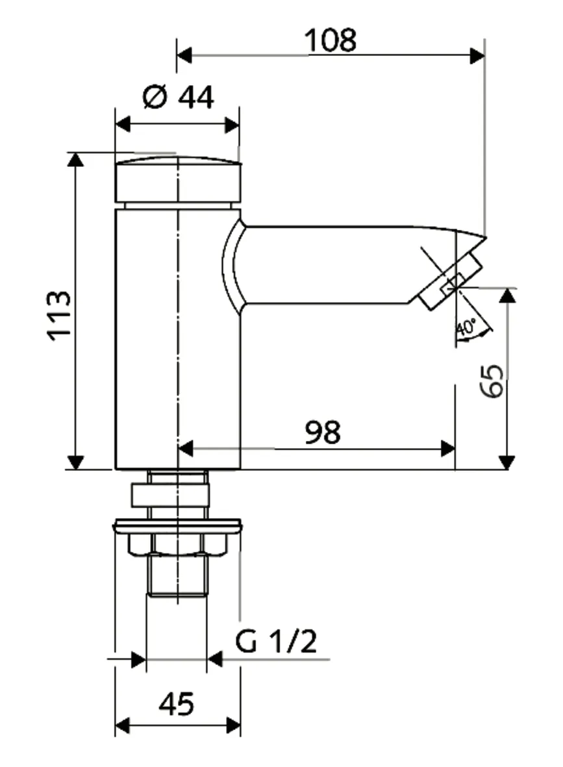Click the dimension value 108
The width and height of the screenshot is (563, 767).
tap(331, 41)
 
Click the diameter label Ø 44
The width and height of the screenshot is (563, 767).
tap(177, 98)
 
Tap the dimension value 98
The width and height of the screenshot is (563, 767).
tap(322, 433)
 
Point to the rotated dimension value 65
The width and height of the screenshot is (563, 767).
tap(492, 381)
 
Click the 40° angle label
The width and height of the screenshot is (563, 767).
tap(466, 327)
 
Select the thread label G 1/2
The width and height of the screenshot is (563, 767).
tap(276, 642)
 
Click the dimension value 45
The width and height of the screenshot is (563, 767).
tap(177, 704)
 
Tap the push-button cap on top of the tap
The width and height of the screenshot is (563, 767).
tap(177, 179)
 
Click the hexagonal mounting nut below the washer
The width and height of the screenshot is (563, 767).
tap(177, 544)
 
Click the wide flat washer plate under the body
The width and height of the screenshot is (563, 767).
tap(177, 525)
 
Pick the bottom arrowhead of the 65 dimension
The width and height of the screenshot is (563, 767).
tap(507, 462)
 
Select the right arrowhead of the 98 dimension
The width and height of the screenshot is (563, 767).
tap(447, 448)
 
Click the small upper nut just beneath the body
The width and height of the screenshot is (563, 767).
tap(171, 496)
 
